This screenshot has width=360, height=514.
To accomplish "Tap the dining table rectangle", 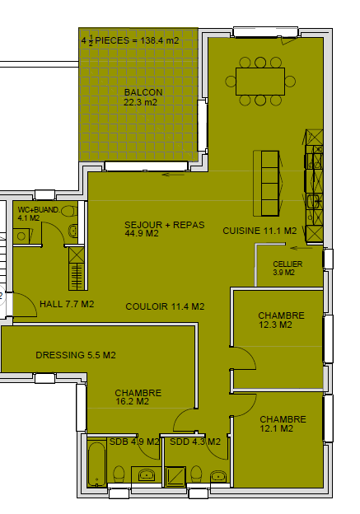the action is point(260,82).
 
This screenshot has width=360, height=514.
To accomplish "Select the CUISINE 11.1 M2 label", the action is point(259,231).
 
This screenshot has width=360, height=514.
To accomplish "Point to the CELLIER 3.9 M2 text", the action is point(288,269).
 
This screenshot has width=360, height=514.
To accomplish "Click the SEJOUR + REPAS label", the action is point(165,225).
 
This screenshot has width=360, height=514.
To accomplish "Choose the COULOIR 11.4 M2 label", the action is point(165,306).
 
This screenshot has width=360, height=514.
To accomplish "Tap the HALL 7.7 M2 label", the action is point(67,304).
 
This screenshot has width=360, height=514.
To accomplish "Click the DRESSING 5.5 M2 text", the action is point(76,355).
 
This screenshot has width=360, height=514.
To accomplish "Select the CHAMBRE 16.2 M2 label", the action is point(138,397).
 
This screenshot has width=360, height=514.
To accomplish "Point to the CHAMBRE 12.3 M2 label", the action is point(281,320).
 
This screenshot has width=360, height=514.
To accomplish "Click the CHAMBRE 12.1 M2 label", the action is point(283,424).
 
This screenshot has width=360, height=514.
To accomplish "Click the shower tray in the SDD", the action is point(175,476).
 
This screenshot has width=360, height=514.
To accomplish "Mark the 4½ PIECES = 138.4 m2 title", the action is point(130,41).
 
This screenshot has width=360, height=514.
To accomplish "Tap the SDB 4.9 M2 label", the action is point(134,442).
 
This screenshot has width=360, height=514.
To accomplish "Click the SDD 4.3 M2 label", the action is point(195,442).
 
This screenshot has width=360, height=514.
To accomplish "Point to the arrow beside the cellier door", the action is point(302,248).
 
